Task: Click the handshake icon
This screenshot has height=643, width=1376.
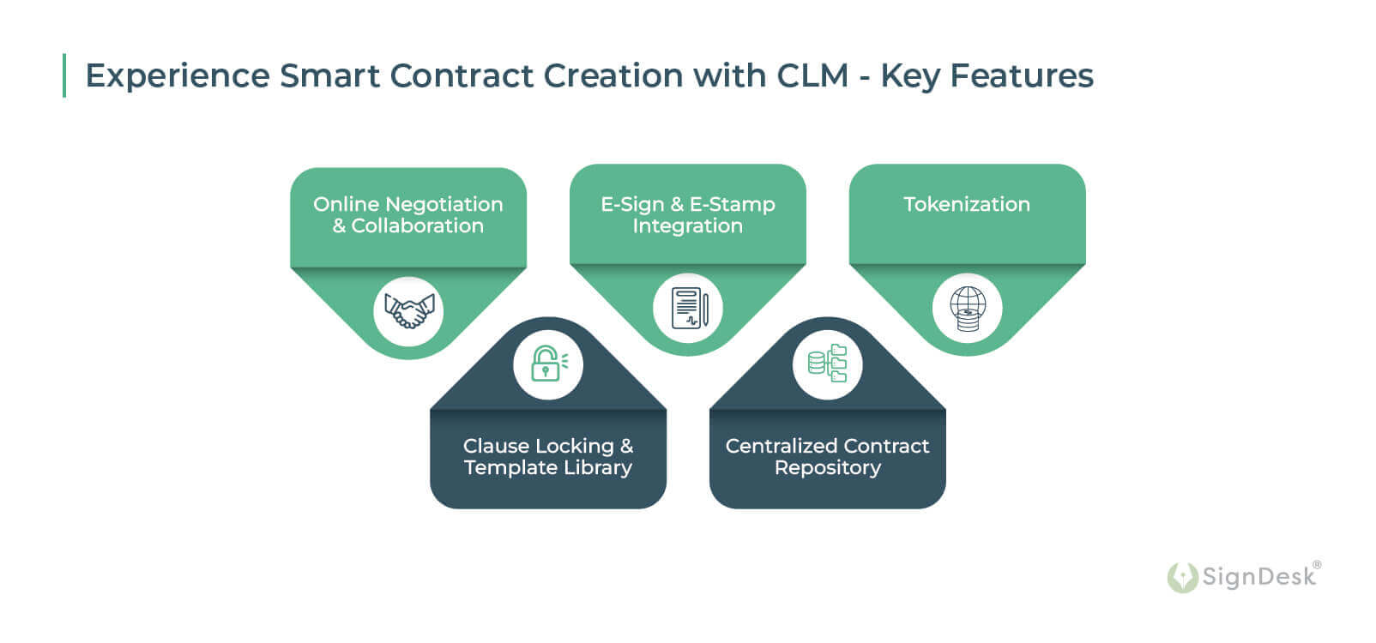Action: point(408,310)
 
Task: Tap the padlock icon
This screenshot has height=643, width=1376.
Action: point(546,364)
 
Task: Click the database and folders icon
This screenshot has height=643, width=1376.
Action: point(827,364)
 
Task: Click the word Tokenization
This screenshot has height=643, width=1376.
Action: point(967,204)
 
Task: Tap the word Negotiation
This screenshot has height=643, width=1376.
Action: point(444,204)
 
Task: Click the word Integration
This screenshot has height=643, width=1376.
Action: point(687,225)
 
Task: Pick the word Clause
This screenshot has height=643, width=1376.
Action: point(495,446)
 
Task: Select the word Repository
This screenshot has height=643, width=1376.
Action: point(827,468)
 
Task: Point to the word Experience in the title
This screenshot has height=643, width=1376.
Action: point(178,76)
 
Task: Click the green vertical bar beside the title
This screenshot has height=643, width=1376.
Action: point(64,75)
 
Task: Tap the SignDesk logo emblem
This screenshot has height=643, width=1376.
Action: point(1182,577)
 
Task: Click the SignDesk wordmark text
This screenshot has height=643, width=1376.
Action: point(1258,576)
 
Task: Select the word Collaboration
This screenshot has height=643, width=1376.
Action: point(417,225)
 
